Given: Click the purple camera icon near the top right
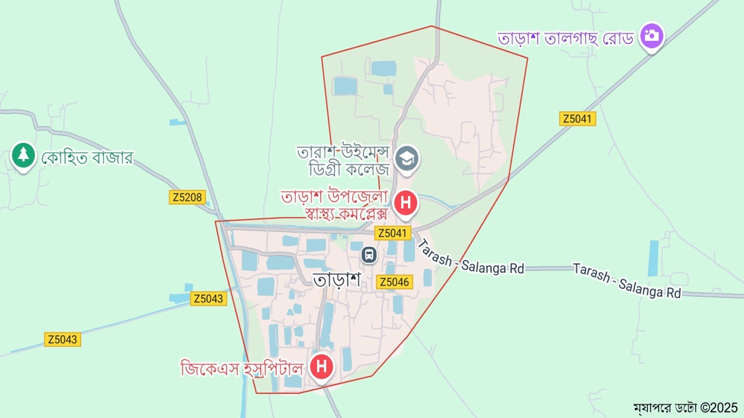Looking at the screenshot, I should pyautogui.click(x=652, y=36).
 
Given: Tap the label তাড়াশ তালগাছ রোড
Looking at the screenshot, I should pyautogui.click(x=565, y=38).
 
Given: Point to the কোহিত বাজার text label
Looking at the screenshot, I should pyautogui.click(x=87, y=157).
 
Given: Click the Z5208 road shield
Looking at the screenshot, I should pyautogui.click(x=188, y=197).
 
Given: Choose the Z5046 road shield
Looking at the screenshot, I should pyautogui.click(x=395, y=282).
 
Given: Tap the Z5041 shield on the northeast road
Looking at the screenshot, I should pyautogui.click(x=578, y=119).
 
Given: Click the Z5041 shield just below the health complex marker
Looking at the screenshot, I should pyautogui.click(x=393, y=233).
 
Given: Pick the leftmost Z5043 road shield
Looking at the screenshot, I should pyautogui.click(x=62, y=340).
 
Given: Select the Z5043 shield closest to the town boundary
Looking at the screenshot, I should pyautogui.click(x=208, y=298).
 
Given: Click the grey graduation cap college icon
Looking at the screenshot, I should pyautogui.click(x=406, y=158).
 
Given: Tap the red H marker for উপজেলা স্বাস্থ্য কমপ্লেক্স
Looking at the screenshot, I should pyautogui.click(x=406, y=204).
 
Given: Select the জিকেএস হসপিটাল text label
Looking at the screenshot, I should pyautogui.click(x=242, y=368).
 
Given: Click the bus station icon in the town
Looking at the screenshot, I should pyautogui.click(x=369, y=254).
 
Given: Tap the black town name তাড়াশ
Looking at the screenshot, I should pyautogui.click(x=337, y=279).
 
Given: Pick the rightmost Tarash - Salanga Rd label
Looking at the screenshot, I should pyautogui.click(x=626, y=280).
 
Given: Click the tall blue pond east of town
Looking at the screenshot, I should pyautogui.click(x=653, y=258).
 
